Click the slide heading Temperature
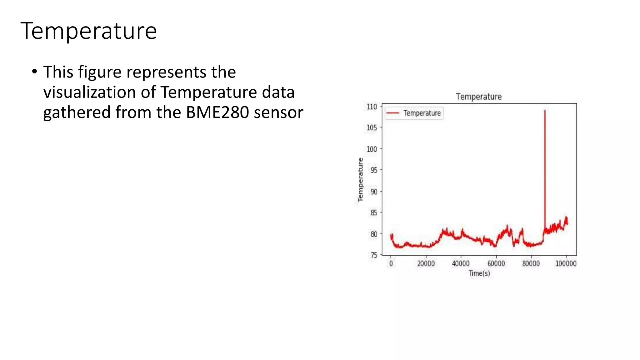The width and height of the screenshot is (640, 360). click(x=88, y=31)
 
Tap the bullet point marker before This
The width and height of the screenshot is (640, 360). click(x=35, y=72)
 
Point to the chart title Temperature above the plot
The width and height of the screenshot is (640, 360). click(x=478, y=97)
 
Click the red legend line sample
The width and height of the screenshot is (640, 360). click(x=393, y=113)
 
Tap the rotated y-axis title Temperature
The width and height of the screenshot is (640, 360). click(x=360, y=180)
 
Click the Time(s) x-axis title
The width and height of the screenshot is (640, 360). click(x=479, y=273)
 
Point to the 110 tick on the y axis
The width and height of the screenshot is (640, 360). click(x=372, y=107)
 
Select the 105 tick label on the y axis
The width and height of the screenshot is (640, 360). click(x=372, y=128)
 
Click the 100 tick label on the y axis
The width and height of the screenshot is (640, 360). click(x=372, y=149)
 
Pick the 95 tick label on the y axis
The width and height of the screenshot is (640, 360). click(x=374, y=170)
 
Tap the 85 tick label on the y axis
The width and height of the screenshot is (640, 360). click(x=374, y=213)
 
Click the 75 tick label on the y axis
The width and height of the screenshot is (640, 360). click(x=374, y=255)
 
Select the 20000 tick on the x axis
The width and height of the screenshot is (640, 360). click(x=426, y=264)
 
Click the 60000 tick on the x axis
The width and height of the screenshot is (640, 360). click(x=496, y=264)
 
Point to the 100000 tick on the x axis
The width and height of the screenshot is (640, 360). click(x=566, y=264)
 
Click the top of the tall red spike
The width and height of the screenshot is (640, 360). click(x=545, y=111)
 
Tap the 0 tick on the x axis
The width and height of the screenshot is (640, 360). click(x=391, y=264)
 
